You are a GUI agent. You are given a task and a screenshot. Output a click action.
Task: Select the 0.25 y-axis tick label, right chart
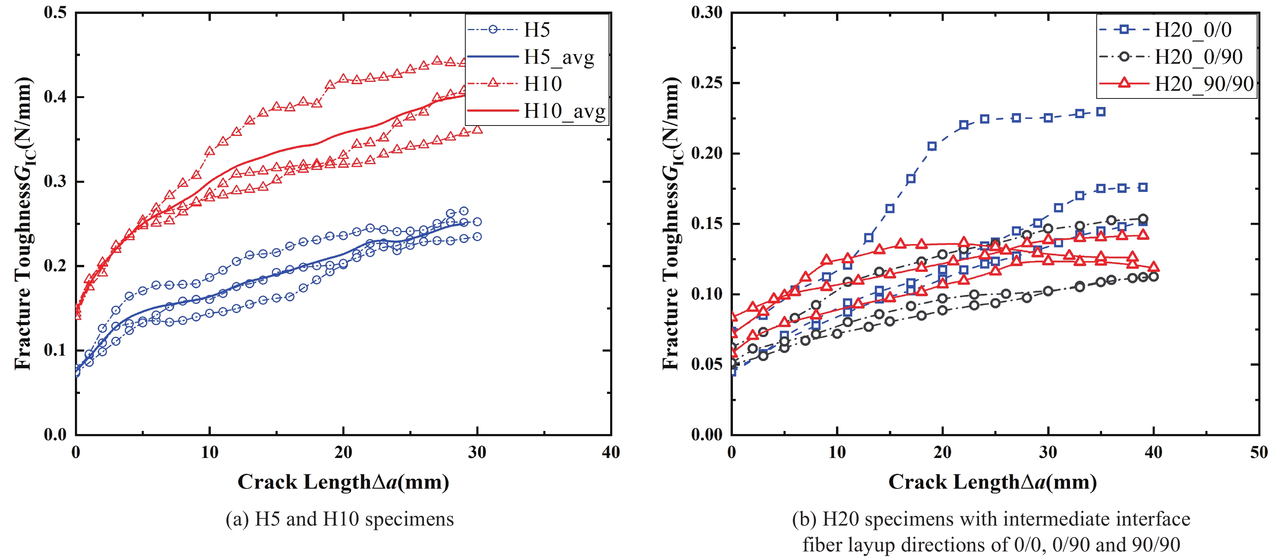pos(707,83)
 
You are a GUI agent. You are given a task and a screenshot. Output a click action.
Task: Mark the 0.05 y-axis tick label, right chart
pos(707,364)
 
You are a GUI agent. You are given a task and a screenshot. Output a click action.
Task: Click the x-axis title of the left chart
pos(343,482)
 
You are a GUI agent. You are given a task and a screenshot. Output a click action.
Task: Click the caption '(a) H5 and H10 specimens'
pos(339,519)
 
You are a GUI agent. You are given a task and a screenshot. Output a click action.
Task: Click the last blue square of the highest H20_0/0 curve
pos(1101,112)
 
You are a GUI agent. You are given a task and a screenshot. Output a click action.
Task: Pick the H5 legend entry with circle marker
pos(537,30)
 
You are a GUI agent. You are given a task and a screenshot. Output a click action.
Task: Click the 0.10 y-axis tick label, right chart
pos(707,294)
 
